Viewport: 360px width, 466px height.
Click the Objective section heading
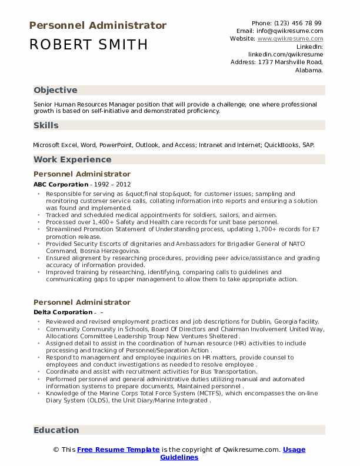tap(55, 90)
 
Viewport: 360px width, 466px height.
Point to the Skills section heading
tap(46, 125)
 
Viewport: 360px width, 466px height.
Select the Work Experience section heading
tap(72, 159)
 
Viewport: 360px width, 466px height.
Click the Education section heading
tap(56, 430)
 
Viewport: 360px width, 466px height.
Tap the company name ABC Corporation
tap(61, 184)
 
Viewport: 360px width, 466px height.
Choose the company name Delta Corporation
tap(63, 312)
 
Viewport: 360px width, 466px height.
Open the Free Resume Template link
tap(118, 450)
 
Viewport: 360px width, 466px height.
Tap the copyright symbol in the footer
tap(56, 450)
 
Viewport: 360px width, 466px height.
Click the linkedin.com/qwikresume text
tap(285, 54)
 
